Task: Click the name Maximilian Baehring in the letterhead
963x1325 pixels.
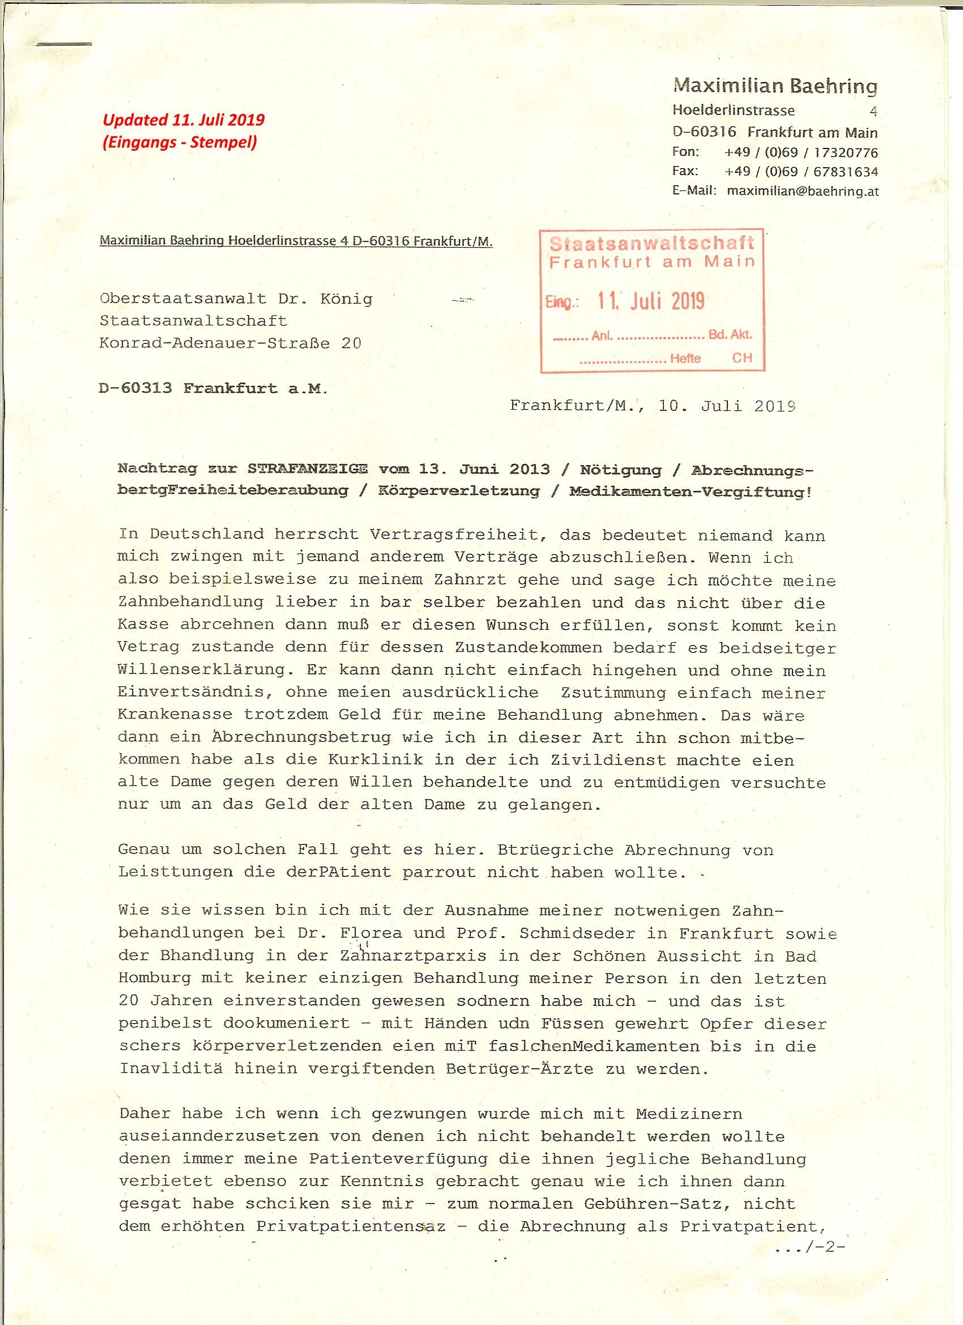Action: [x=775, y=87]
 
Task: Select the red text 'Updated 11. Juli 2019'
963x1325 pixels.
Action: [x=184, y=120]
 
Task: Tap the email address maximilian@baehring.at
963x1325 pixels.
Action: [x=802, y=190]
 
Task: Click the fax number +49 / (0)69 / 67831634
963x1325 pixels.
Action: [x=800, y=171]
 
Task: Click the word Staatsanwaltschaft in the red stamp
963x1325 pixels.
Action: [x=653, y=244]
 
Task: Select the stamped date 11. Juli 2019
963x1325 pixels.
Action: [x=650, y=301]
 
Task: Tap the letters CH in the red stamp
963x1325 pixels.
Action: [x=742, y=358]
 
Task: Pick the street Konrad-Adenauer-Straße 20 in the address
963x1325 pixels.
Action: [x=230, y=343]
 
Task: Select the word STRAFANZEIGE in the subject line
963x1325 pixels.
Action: [x=308, y=469]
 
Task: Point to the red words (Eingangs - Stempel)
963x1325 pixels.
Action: [x=179, y=142]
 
